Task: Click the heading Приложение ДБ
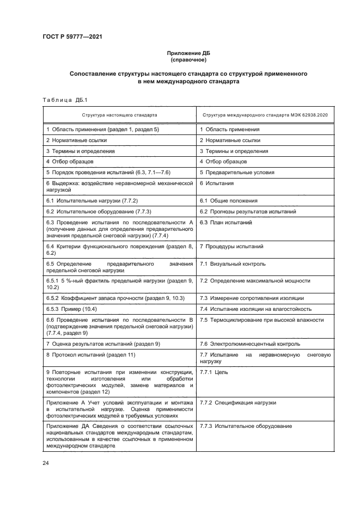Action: click(188, 53)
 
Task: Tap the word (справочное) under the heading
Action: click(188, 60)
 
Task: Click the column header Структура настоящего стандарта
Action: click(120, 115)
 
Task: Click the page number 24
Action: click(46, 463)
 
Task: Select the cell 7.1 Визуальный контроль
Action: click(233, 264)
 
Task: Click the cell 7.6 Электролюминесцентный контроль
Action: click(249, 344)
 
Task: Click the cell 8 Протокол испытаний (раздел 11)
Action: click(90, 355)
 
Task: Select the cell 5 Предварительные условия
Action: click(234, 173)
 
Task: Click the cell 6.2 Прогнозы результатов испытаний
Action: click(248, 211)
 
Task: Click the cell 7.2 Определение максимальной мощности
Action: click(255, 280)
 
